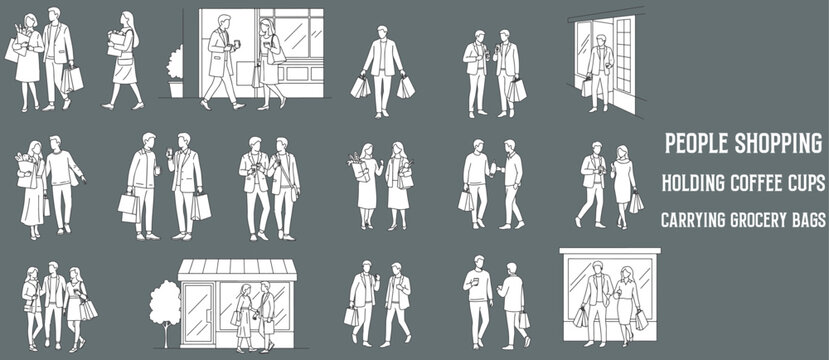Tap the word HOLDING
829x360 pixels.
coord(691,183)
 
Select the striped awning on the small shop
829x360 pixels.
coord(237,269)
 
